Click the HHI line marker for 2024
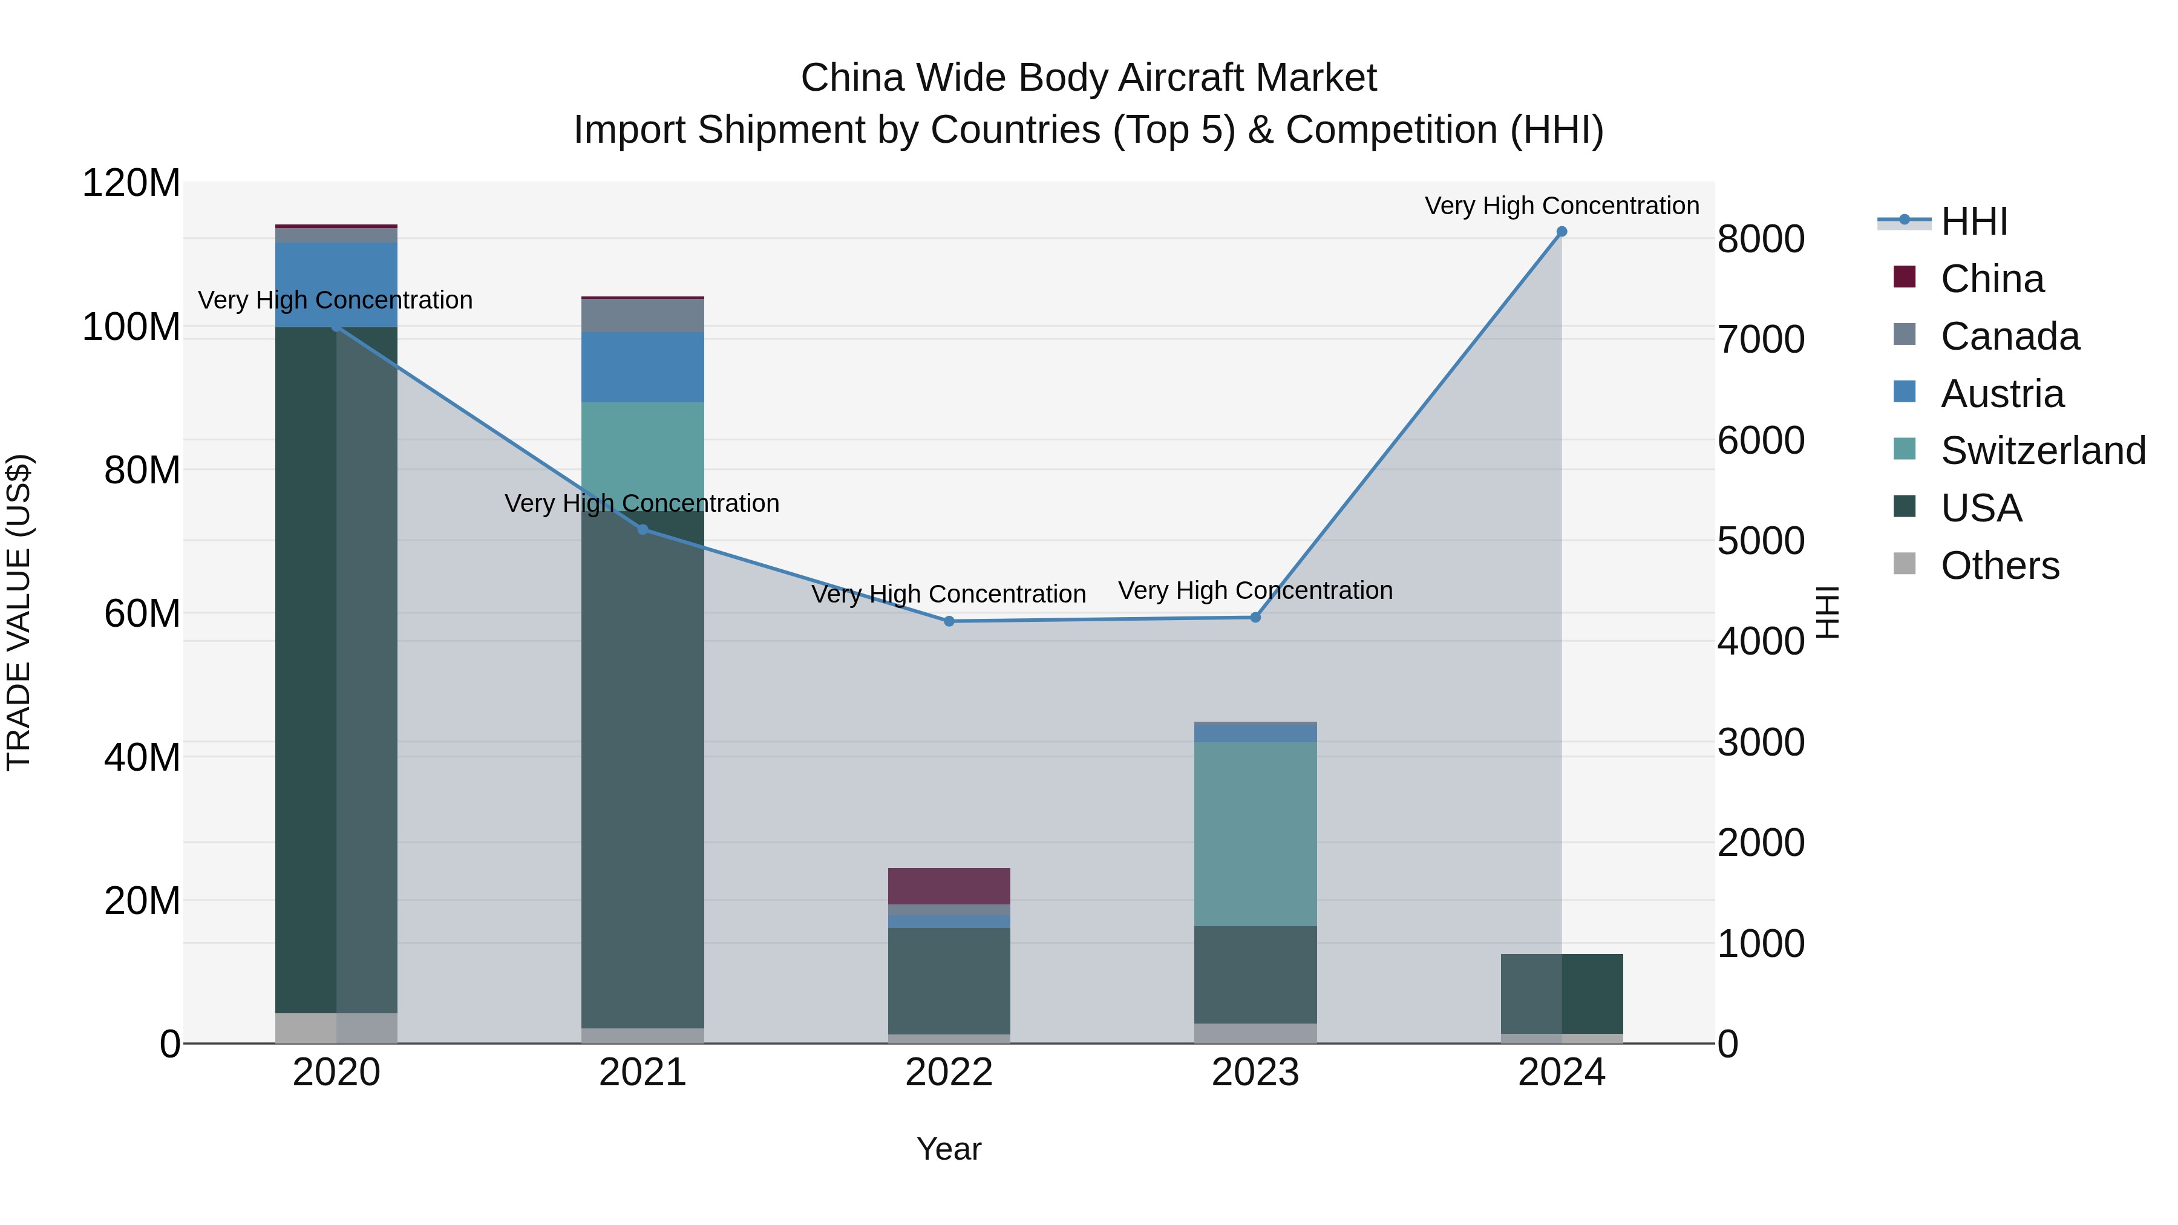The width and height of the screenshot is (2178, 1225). pyautogui.click(x=1561, y=232)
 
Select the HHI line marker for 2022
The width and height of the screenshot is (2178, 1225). pyautogui.click(x=949, y=621)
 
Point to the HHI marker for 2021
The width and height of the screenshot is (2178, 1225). pyautogui.click(x=643, y=530)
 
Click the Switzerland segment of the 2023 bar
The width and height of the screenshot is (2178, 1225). pyautogui.click(x=1255, y=834)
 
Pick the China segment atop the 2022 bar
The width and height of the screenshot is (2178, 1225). pyautogui.click(x=949, y=886)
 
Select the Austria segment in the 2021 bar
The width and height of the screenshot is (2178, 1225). pyautogui.click(x=643, y=367)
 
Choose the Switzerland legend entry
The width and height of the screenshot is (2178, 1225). pyautogui.click(x=2042, y=451)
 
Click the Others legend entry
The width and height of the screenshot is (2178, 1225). pyautogui.click(x=1999, y=566)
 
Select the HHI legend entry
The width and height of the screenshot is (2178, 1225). pyautogui.click(x=1974, y=221)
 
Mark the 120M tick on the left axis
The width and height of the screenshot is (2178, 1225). pyautogui.click(x=131, y=183)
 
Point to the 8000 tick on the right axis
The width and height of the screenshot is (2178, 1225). pyautogui.click(x=1761, y=239)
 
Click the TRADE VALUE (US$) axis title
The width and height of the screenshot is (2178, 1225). pyautogui.click(x=19, y=612)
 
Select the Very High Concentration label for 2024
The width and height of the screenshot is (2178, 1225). pyautogui.click(x=1561, y=206)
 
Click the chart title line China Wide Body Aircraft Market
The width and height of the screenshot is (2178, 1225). pyautogui.click(x=1088, y=78)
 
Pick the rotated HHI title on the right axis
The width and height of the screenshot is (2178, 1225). pyautogui.click(x=1827, y=612)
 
